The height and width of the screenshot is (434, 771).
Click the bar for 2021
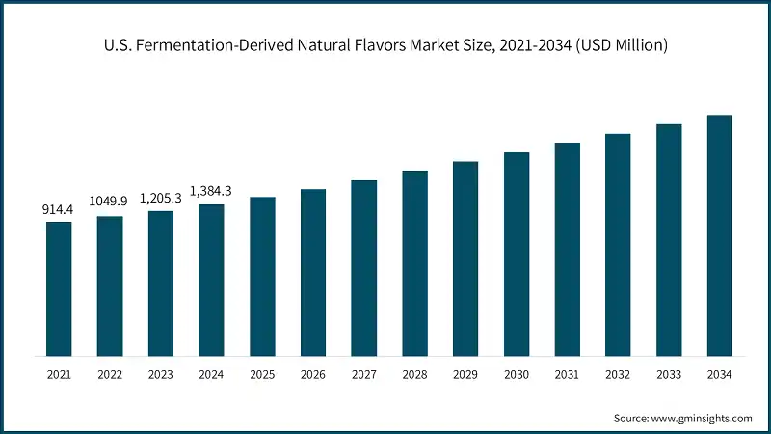59,287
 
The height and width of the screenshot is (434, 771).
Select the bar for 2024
211,279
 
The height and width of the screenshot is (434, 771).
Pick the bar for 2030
517,253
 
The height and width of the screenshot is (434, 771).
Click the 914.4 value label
59,209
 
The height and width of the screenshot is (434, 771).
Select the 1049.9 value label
109,201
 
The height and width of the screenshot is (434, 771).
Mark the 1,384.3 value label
211,190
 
